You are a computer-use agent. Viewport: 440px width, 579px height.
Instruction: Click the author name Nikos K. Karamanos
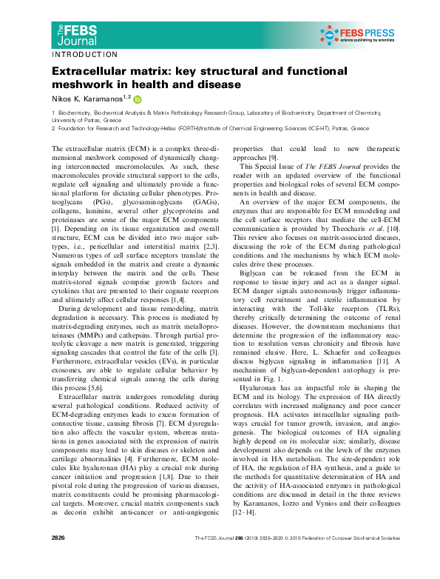click(x=86, y=98)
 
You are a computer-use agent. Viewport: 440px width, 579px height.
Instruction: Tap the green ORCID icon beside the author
click(x=138, y=98)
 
